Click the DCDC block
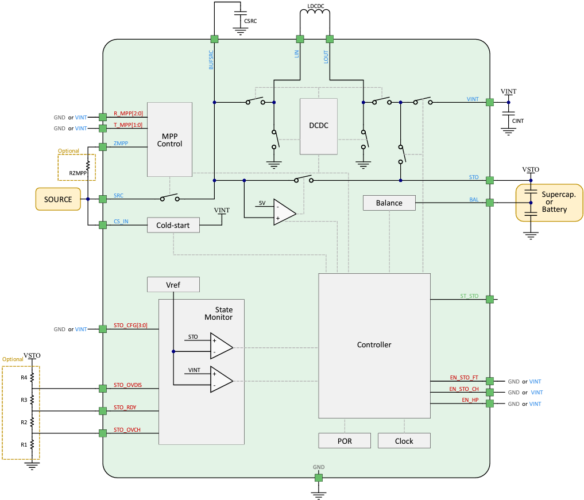(319, 126)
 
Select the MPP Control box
(169, 139)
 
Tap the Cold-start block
(173, 225)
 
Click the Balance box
(389, 203)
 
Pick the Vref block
(173, 284)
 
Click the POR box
(345, 441)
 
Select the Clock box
(404, 441)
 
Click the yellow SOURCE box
(58, 199)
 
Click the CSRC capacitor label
(250, 21)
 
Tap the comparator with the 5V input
(284, 213)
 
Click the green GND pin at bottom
(318, 478)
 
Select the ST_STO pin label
(469, 296)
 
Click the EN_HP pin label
(470, 400)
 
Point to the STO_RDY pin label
(125, 408)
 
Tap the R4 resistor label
(24, 377)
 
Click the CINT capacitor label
(519, 121)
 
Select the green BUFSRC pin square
(214, 39)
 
